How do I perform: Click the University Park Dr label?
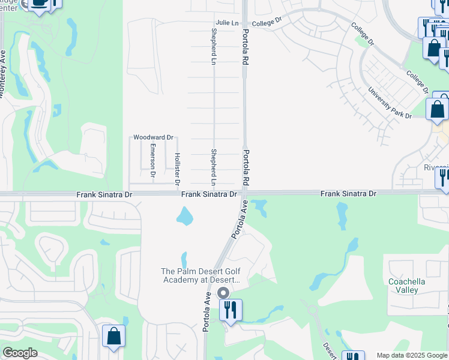click(390, 101)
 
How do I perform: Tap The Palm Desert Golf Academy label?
click(200, 275)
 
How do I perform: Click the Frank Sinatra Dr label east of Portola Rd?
click(348, 193)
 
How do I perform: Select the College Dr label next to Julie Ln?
click(267, 23)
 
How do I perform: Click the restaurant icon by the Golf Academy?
click(231, 310)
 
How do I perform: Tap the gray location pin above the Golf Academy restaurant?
click(223, 293)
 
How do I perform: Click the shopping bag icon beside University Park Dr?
click(438, 109)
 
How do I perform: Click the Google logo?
click(20, 353)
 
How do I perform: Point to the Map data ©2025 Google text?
click(412, 355)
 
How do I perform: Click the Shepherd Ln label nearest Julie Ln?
click(213, 46)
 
